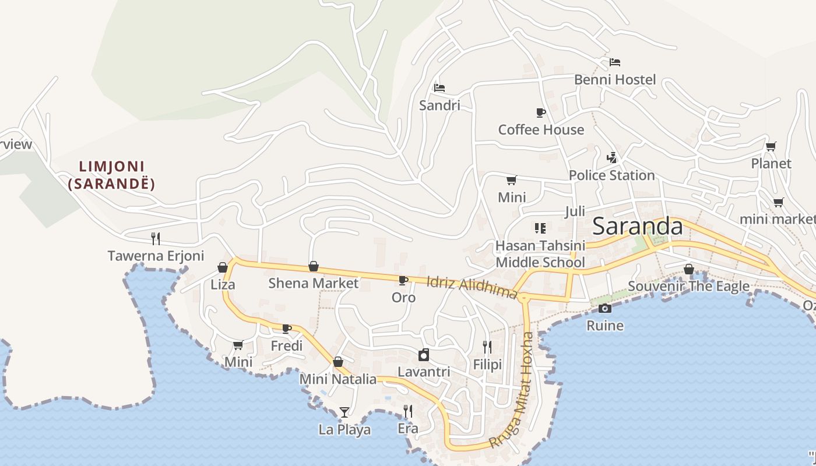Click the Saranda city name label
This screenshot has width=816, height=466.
click(637, 227)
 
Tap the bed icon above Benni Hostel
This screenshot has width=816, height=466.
click(615, 62)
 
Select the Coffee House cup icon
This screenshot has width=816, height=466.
click(540, 112)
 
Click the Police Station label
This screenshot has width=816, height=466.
click(611, 175)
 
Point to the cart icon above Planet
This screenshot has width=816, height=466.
click(771, 146)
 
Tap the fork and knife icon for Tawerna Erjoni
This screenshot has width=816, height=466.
click(156, 238)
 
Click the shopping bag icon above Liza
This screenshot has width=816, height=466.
click(222, 267)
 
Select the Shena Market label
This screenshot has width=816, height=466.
click(313, 283)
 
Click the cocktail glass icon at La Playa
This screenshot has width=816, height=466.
click(344, 412)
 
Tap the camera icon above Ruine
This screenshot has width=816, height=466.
click(605, 308)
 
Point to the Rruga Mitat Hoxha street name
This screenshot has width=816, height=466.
click(512, 390)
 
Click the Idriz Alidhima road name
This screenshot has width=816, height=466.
click(472, 288)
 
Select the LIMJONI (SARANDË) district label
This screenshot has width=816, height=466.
click(111, 175)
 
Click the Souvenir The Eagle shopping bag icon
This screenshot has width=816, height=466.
click(688, 269)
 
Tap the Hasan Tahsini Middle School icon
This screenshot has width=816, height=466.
click(540, 228)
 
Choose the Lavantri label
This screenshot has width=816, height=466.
click(424, 372)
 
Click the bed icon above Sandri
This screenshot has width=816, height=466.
click(439, 88)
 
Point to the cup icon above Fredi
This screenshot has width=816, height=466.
click(286, 329)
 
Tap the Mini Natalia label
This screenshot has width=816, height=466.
click(337, 379)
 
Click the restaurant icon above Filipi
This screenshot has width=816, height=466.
click(487, 347)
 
